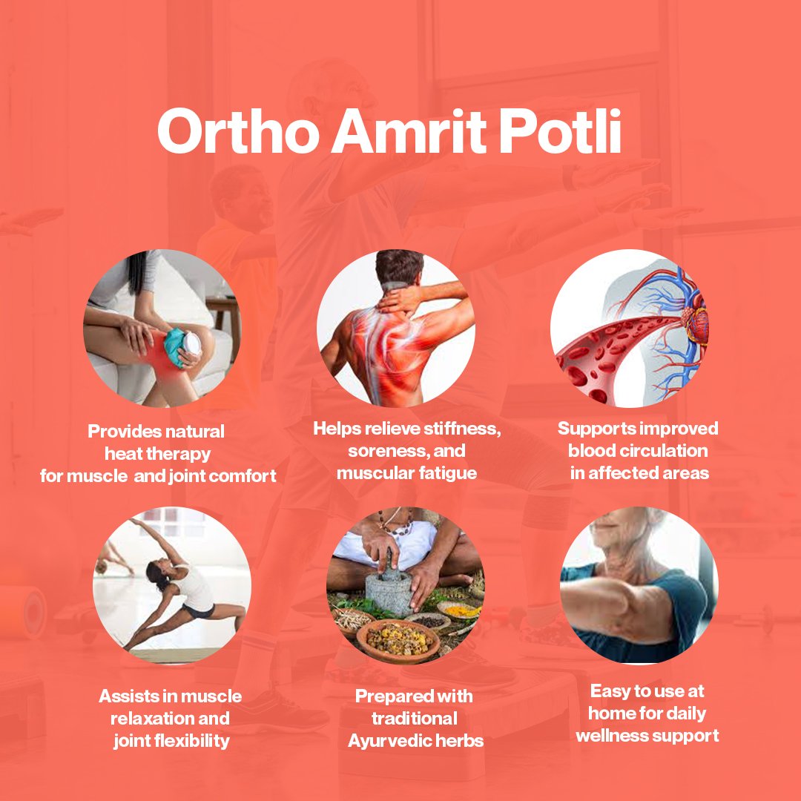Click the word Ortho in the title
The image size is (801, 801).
pos(239,131)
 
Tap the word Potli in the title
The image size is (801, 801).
pos(560,131)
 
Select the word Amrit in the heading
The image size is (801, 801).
pos(409,131)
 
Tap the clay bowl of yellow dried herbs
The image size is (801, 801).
pos(398,639)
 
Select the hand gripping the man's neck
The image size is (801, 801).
pos(396,300)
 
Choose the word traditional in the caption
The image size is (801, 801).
pos(415,718)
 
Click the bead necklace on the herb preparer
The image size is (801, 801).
pos(396,525)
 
